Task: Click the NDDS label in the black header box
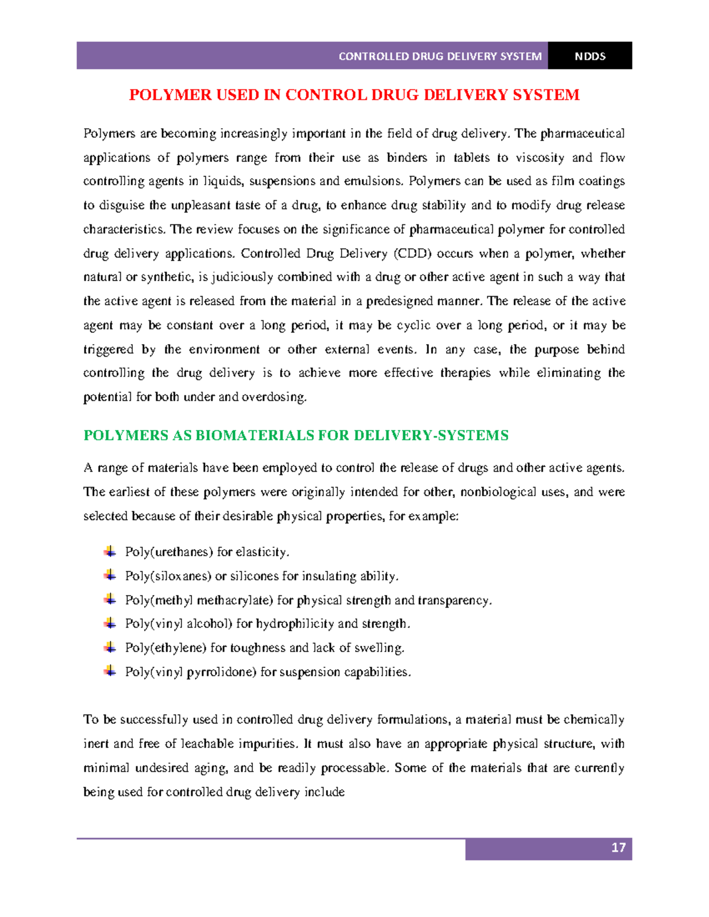(590, 57)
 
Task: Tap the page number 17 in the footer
(618, 848)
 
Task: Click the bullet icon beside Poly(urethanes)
(110, 551)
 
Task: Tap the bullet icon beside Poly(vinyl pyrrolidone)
(110, 671)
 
